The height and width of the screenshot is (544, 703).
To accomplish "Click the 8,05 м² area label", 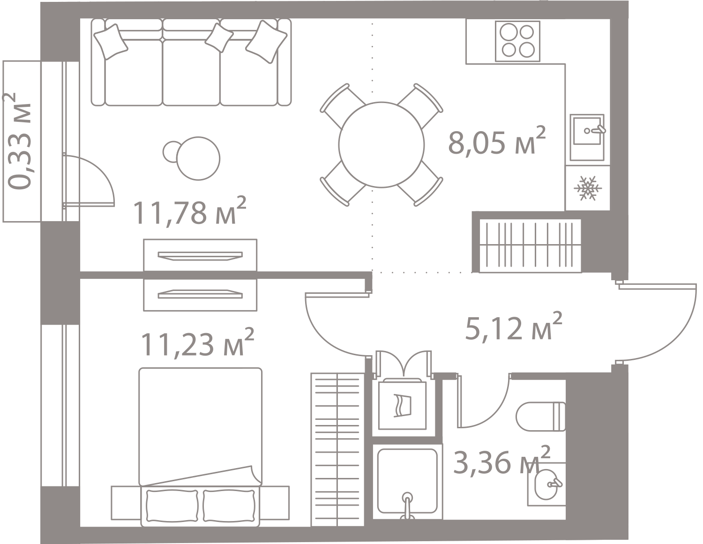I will [497, 142].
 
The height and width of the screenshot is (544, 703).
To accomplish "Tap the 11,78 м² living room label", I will [189, 212].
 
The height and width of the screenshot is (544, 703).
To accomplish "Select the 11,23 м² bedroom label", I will [197, 343].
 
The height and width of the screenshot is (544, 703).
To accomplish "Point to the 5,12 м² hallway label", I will [513, 328].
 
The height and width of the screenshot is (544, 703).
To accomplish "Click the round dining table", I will [381, 144].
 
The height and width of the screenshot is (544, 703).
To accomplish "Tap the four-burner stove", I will [517, 41].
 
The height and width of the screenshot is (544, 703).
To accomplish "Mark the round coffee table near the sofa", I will [199, 158].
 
